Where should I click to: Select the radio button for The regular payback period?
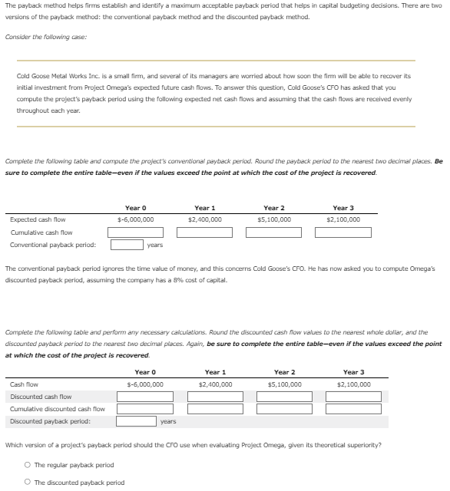(x=28, y=465)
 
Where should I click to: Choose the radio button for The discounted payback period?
(x=28, y=483)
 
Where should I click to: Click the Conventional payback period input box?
(x=126, y=245)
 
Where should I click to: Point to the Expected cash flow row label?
(x=38, y=219)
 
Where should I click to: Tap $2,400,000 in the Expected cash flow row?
(x=205, y=219)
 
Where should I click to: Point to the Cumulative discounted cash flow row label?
(x=57, y=409)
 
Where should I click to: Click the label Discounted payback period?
(x=50, y=421)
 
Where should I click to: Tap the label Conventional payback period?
(x=53, y=245)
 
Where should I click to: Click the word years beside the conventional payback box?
(x=154, y=245)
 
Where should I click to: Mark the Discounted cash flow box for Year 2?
(x=284, y=397)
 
